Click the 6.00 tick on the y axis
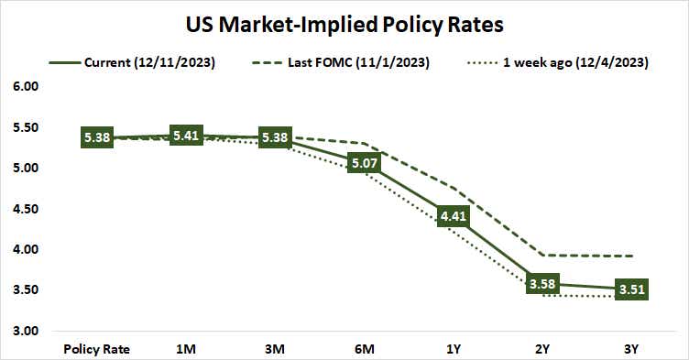coord(27,87)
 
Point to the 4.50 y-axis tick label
coord(27,209)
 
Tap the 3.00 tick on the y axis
coord(27,331)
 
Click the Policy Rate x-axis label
coord(96,349)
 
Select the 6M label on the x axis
coord(365,349)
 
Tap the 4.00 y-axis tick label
coord(27,249)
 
